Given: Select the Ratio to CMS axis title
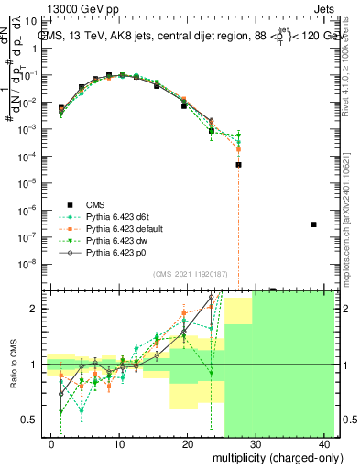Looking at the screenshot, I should tap(14, 365).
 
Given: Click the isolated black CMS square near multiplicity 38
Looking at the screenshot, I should tap(313, 224).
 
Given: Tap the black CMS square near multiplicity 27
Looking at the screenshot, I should tap(238, 165).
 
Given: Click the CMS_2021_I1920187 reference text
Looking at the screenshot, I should tap(191, 274).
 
